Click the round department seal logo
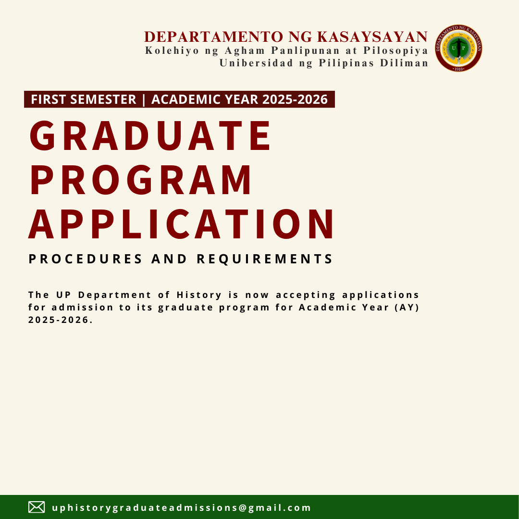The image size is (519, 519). pos(458,48)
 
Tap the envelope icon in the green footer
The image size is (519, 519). pos(37,507)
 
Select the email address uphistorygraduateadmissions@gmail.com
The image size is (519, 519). pos(181,508)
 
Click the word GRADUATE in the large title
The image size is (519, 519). pos(150,136)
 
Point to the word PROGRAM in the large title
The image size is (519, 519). pos(141,180)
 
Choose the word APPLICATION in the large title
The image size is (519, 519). pos(181,224)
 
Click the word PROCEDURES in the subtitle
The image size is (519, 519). pos(86,259)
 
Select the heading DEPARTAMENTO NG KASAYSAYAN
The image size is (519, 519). pos(286,37)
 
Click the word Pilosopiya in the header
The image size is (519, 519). pos(396,50)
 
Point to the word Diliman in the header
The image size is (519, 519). pos(404,63)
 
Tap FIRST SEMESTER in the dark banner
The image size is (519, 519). pos(84,99)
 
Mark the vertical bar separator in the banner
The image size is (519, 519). pos(144,99)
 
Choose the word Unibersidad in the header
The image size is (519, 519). pos(256,63)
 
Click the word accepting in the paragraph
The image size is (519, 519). pos(306,295)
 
